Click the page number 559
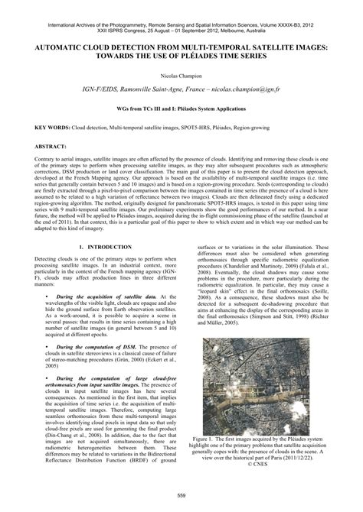(x=181, y=497)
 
